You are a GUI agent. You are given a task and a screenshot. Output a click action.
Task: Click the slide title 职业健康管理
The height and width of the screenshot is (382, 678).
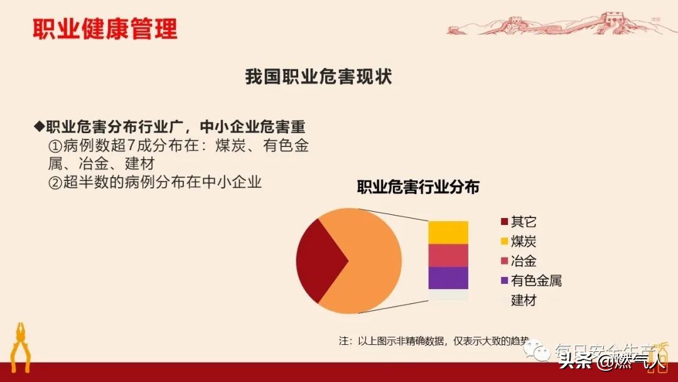(x=105, y=29)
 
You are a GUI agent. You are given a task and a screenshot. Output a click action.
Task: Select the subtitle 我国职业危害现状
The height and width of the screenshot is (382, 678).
(x=318, y=77)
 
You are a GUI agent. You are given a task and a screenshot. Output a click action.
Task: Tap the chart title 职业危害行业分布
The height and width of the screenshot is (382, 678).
(x=418, y=187)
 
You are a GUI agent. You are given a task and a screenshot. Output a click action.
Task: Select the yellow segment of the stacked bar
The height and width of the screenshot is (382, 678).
(x=448, y=232)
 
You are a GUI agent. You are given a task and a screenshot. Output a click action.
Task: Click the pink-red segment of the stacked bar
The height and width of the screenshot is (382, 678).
(x=448, y=255)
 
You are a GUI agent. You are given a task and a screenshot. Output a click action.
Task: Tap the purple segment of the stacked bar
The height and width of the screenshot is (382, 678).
(x=448, y=278)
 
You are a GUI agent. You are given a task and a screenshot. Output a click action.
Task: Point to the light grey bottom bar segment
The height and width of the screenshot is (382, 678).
(x=448, y=294)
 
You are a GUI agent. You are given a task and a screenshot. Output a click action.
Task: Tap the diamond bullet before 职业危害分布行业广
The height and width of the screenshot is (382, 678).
(x=39, y=126)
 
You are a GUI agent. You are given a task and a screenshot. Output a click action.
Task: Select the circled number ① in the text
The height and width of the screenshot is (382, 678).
(x=55, y=146)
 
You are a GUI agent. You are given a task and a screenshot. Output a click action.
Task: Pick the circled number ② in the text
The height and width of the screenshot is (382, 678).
(x=55, y=183)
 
